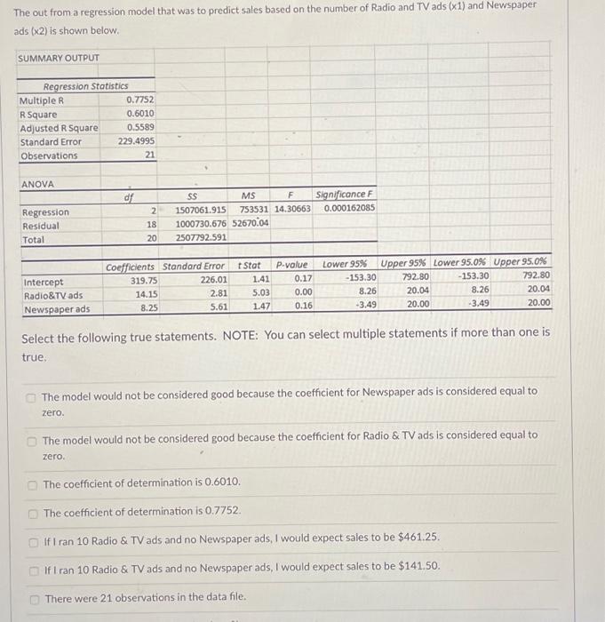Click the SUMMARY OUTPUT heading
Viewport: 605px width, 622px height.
(x=59, y=59)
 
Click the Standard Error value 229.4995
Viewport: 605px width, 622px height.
(x=135, y=141)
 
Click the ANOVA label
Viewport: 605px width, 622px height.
(x=36, y=184)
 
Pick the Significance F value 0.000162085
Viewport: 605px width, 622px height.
(x=349, y=208)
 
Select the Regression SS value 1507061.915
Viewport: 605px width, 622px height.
(x=202, y=209)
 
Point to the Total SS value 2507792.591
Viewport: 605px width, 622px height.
(x=202, y=237)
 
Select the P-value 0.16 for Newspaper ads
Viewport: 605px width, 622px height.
(x=302, y=305)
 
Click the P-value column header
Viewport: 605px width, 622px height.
(x=291, y=265)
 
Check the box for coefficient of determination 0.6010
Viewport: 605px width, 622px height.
(x=32, y=484)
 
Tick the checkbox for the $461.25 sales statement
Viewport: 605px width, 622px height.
(x=32, y=538)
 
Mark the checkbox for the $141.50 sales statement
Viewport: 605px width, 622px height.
(x=32, y=567)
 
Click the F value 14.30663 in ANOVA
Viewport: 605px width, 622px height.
(x=292, y=209)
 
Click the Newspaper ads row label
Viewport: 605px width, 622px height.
(x=56, y=309)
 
